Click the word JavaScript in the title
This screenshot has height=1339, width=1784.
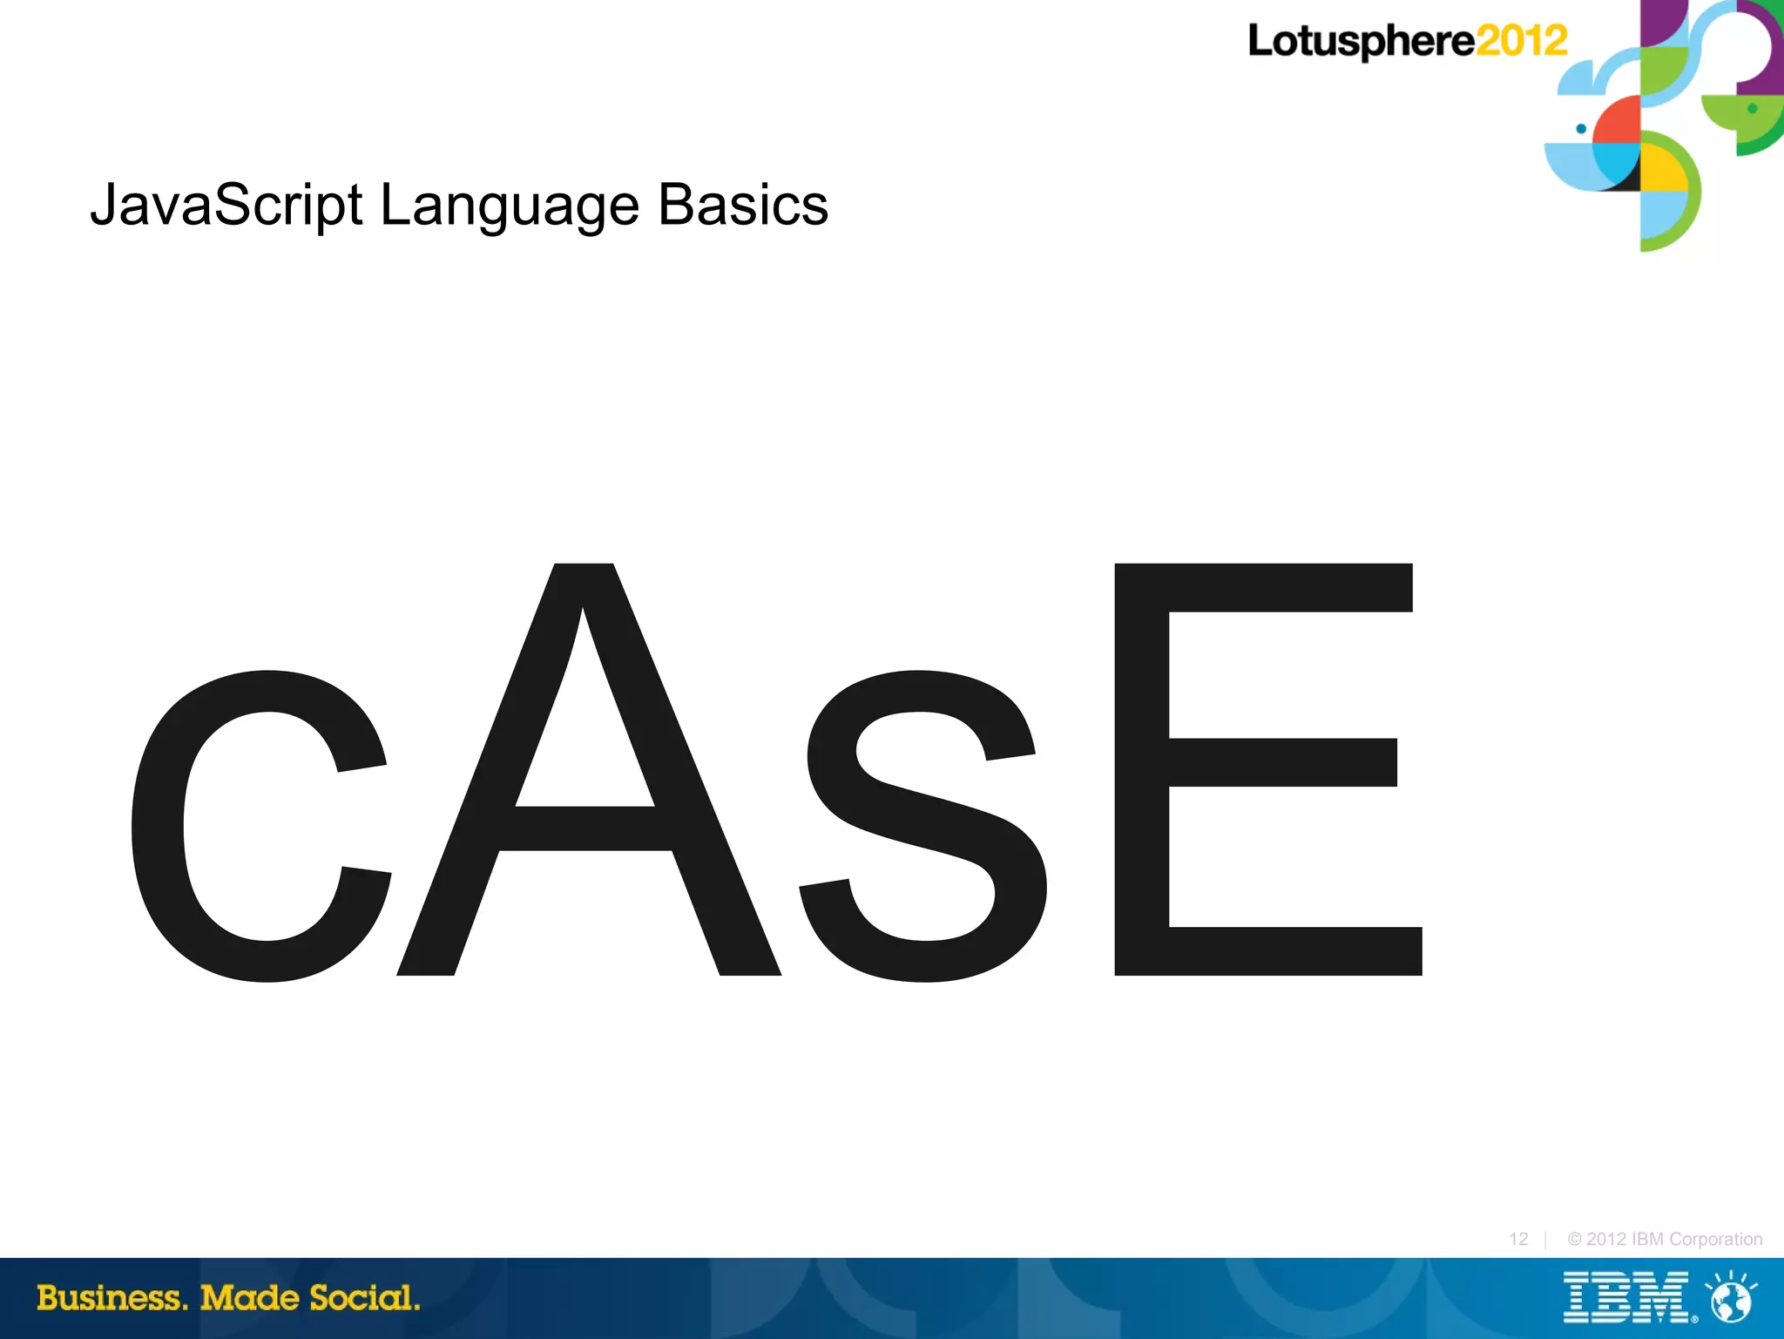coord(226,206)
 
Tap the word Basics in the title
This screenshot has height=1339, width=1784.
coord(742,206)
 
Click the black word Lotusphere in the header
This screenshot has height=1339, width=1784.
coord(1361,42)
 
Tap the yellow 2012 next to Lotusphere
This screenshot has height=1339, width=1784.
coord(1521,41)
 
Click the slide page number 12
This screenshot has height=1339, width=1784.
coord(1518,1239)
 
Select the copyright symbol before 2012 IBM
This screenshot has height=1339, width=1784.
coord(1574,1239)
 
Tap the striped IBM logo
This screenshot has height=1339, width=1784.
coord(1626,1297)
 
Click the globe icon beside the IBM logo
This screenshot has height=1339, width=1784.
coord(1731,1299)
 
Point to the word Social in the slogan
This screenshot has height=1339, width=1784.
coord(365,1298)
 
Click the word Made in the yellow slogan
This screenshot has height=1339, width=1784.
coord(249,1298)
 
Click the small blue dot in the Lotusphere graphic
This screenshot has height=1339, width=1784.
coord(1581,129)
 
